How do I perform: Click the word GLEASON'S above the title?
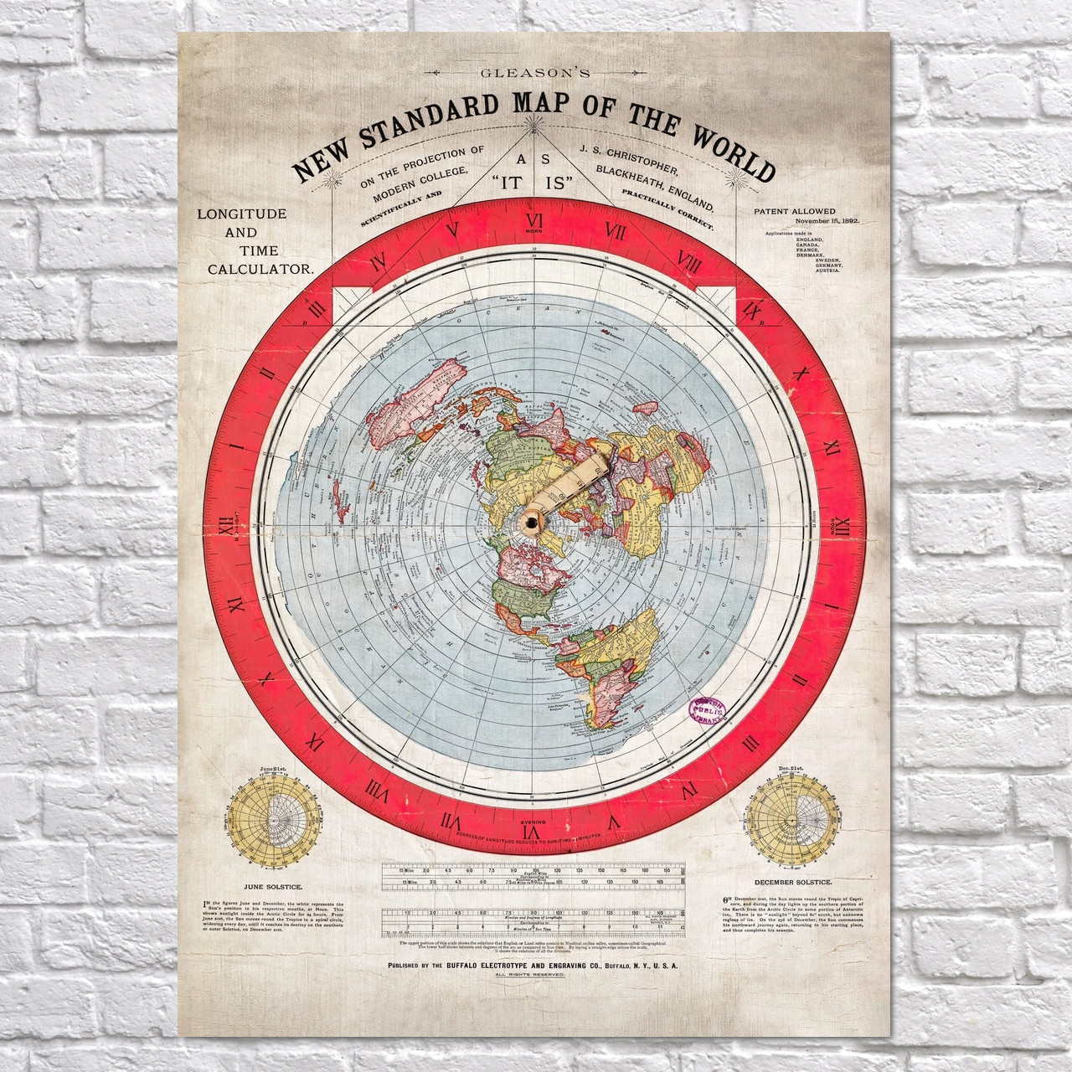pyautogui.click(x=535, y=73)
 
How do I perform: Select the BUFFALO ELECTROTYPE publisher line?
pyautogui.click(x=533, y=966)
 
